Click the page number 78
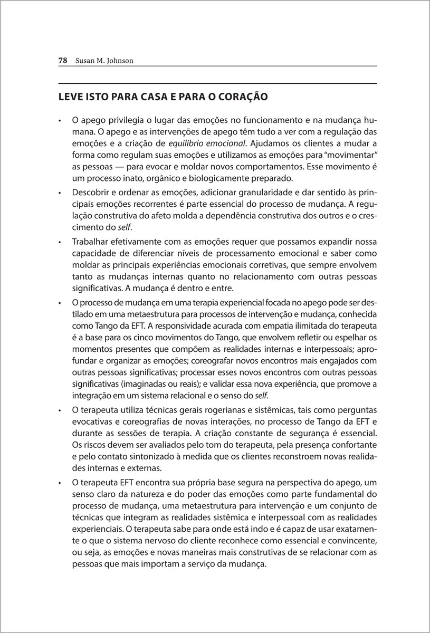[x=63, y=61]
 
